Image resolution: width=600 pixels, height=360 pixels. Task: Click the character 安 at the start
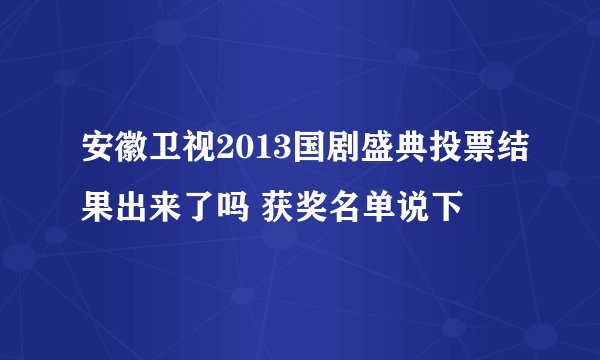coord(98,153)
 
